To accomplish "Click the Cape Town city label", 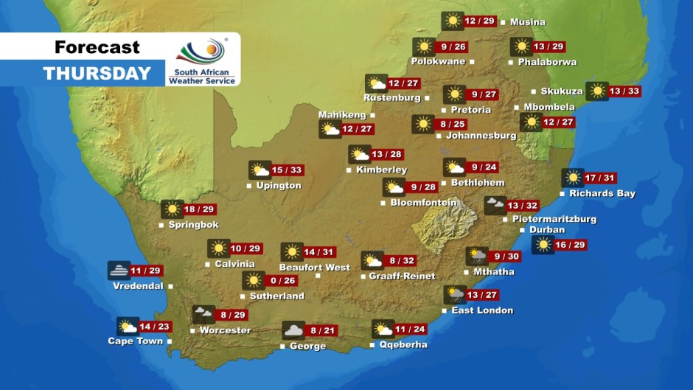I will (135, 341).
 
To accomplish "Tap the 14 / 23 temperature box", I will (155, 327).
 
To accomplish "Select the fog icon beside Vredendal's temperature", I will (119, 271).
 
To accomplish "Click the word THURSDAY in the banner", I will (97, 74).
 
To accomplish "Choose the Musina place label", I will (528, 22).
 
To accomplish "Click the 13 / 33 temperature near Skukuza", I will (624, 91).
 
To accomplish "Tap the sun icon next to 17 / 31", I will (572, 178).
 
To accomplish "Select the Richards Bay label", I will (602, 194).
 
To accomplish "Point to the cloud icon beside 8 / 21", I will (293, 331).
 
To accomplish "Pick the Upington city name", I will (279, 186).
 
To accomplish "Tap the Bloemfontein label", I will (423, 203).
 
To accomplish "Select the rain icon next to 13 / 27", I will (454, 295).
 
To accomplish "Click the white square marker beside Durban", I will (523, 230).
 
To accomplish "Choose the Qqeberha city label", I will (403, 344).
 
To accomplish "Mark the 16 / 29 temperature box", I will (571, 245).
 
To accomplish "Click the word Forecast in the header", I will (97, 48).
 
